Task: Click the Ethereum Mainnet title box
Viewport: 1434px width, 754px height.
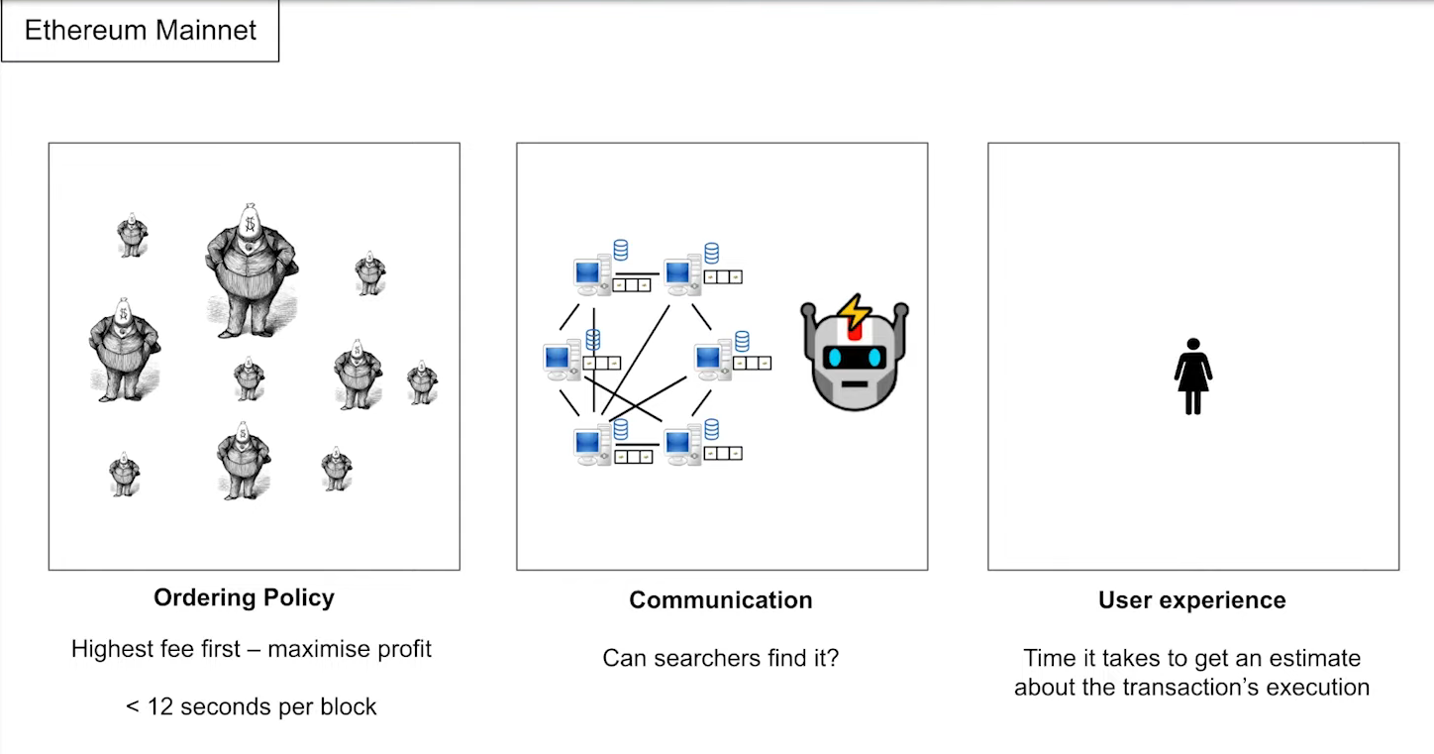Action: (x=140, y=31)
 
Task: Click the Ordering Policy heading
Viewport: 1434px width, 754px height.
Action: (x=244, y=598)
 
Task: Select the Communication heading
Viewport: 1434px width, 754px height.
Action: (x=721, y=600)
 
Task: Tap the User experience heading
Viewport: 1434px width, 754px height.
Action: (x=1192, y=600)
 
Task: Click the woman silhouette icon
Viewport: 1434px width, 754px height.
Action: (x=1193, y=377)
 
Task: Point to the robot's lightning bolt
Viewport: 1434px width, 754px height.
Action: (x=854, y=312)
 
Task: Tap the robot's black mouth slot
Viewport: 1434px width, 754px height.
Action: (x=855, y=381)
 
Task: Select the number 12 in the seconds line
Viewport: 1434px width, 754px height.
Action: (x=161, y=706)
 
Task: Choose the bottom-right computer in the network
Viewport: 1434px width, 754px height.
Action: (x=681, y=446)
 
